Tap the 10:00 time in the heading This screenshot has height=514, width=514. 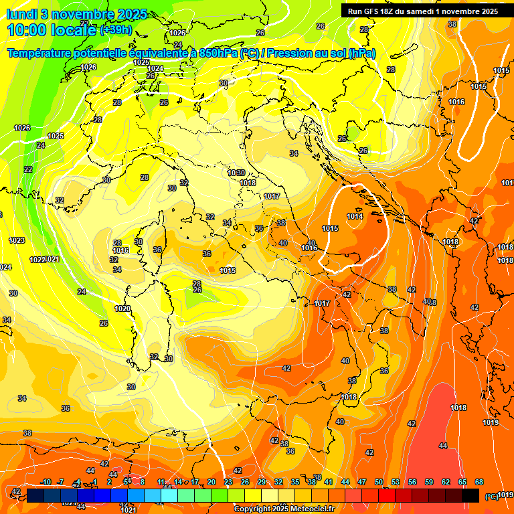27,30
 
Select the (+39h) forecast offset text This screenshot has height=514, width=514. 116,30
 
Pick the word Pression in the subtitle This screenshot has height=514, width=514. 279,54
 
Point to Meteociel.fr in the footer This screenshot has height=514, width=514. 312,509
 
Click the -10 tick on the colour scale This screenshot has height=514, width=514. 46,482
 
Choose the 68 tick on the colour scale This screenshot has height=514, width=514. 479,482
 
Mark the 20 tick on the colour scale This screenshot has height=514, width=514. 211,482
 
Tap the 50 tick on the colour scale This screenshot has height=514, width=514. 379,482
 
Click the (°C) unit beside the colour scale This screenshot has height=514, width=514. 491,497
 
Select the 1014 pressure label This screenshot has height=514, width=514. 355,216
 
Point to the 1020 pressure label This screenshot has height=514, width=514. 122,309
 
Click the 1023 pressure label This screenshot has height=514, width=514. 17,240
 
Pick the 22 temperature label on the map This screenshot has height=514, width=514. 28,169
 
